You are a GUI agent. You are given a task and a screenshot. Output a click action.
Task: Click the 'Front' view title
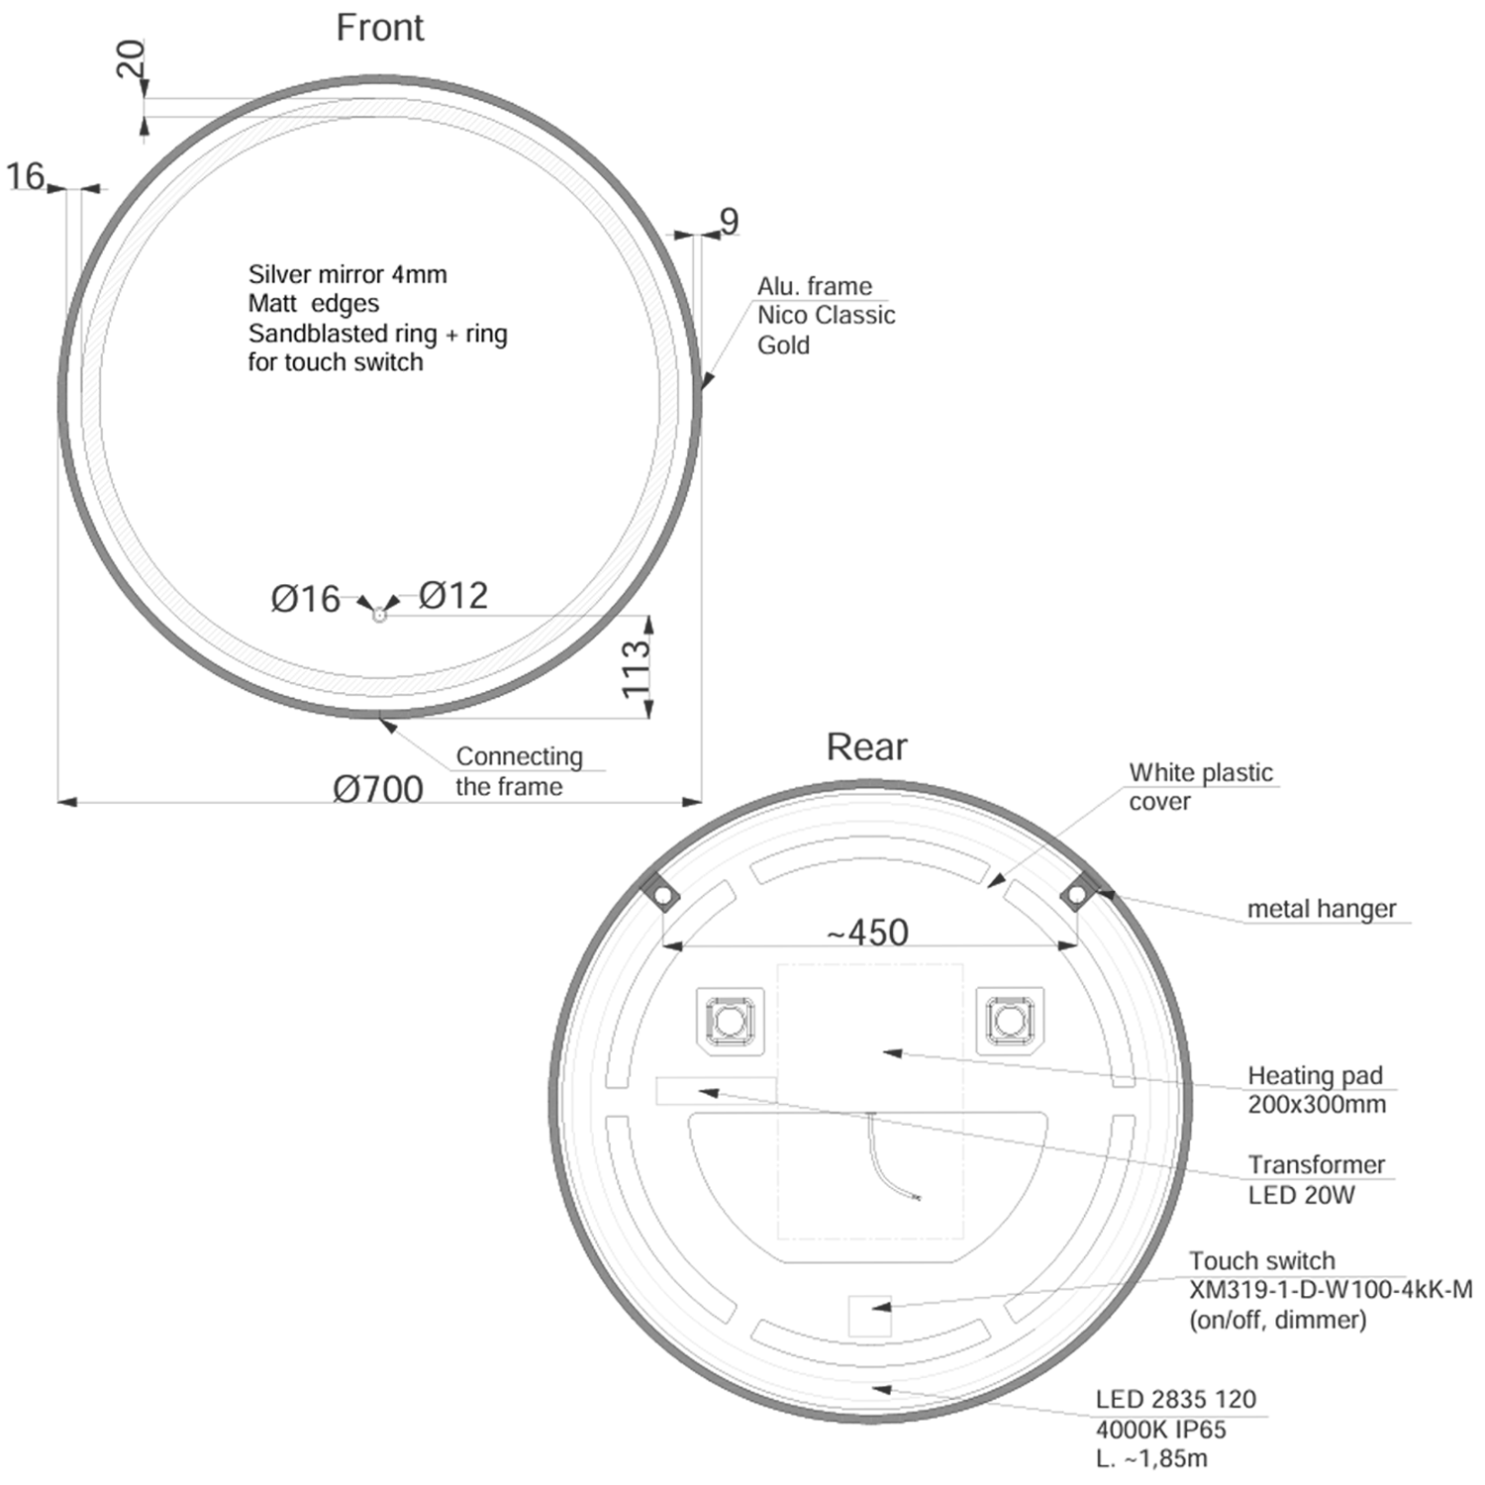point(379,28)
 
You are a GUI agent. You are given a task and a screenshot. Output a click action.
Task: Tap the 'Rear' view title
point(866,746)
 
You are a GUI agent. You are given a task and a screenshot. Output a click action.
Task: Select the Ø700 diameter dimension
point(377,789)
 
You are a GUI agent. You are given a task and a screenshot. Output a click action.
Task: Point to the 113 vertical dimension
point(636,668)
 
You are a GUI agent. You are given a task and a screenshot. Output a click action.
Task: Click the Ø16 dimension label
point(305,599)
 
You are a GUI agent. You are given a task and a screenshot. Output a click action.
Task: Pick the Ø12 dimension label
point(453,595)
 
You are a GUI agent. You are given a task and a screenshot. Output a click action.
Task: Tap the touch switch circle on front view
point(378,615)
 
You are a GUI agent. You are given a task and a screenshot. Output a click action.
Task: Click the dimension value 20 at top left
point(132,59)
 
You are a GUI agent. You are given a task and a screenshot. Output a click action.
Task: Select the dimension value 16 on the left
point(26,177)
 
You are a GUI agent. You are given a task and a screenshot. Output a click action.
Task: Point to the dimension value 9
point(730,221)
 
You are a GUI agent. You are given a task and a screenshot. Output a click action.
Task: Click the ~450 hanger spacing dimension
point(867,932)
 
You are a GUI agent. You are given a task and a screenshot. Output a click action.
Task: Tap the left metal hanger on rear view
point(661,895)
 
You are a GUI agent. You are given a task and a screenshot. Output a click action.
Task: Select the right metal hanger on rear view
point(1076,895)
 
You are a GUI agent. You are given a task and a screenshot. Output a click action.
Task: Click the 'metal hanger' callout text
point(1321,909)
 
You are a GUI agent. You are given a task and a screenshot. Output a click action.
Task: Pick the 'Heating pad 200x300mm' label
point(1316,1089)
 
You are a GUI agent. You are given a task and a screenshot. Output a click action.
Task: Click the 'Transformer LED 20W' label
point(1315,1179)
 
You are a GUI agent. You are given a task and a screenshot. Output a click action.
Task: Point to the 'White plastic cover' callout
point(1200,786)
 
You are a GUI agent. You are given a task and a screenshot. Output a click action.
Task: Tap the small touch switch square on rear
point(869,1316)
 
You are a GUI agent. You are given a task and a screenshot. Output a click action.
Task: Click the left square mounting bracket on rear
point(730,1021)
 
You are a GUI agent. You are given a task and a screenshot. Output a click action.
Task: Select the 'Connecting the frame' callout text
point(519,771)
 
